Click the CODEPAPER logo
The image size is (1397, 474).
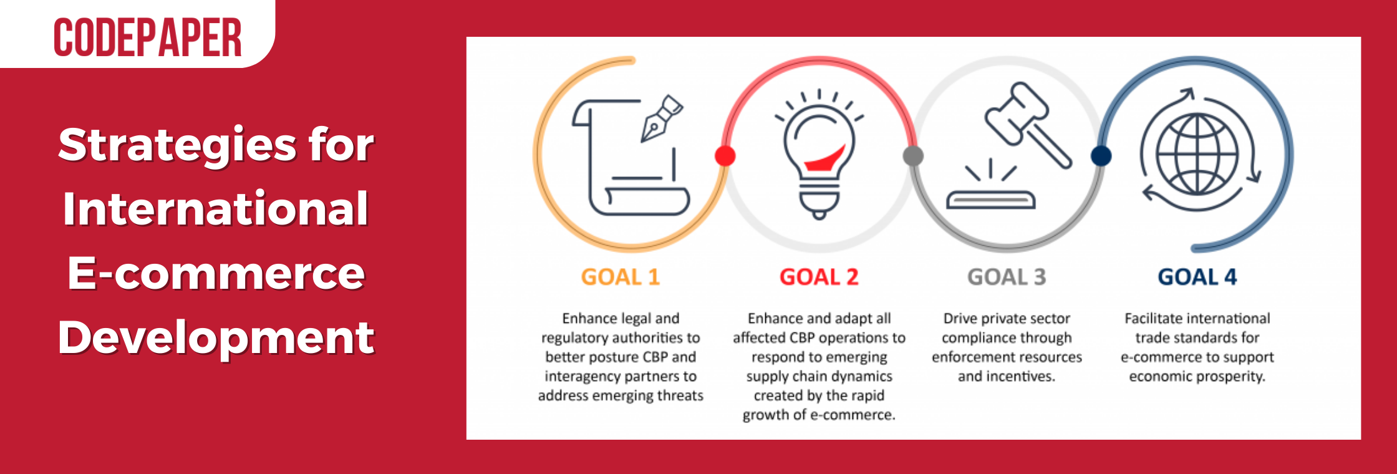[148, 37]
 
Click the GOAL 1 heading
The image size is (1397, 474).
[621, 277]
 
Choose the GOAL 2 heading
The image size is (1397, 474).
[819, 277]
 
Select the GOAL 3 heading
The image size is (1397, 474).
[1007, 277]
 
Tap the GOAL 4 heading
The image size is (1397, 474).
[1197, 277]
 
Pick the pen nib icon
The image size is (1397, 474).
[662, 118]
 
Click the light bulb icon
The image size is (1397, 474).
[819, 156]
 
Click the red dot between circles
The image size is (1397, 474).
[725, 155]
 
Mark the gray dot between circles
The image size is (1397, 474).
[913, 155]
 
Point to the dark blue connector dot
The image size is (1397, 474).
[1101, 155]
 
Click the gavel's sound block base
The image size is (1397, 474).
[990, 200]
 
